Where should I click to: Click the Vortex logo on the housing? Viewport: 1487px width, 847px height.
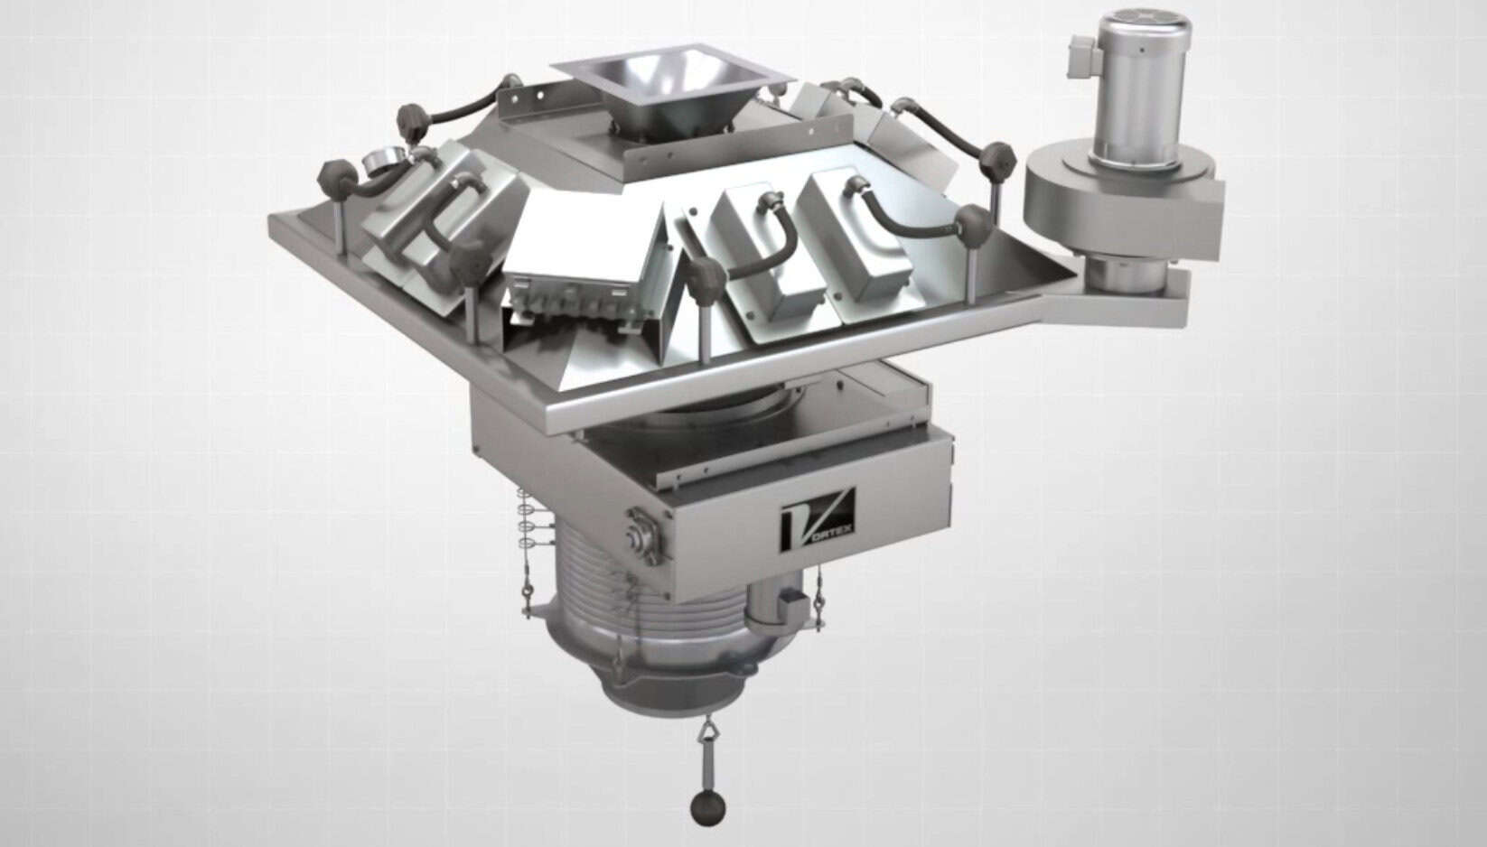(818, 517)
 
